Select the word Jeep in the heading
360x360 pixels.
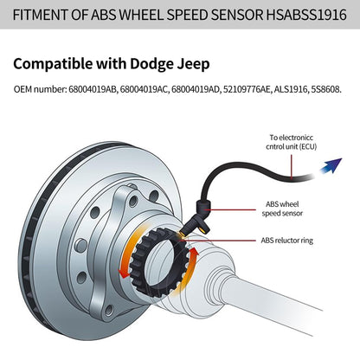coord(191,64)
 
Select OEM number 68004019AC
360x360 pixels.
coord(142,90)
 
